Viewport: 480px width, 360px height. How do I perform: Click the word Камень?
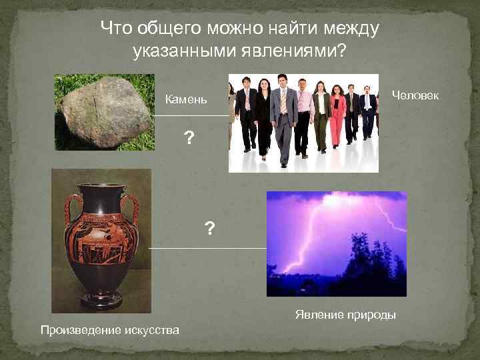click(x=186, y=101)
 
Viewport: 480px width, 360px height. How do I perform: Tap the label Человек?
click(x=415, y=95)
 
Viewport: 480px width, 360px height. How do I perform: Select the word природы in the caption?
click(x=372, y=315)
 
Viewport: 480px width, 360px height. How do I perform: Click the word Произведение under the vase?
click(x=79, y=329)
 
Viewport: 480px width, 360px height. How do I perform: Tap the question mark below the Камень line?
click(x=190, y=139)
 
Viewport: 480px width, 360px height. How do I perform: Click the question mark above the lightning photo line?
click(x=210, y=230)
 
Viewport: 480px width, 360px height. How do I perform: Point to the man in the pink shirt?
click(x=304, y=113)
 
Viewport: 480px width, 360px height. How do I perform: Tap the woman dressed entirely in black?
click(x=263, y=117)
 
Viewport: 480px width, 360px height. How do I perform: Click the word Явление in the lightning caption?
click(x=315, y=315)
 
